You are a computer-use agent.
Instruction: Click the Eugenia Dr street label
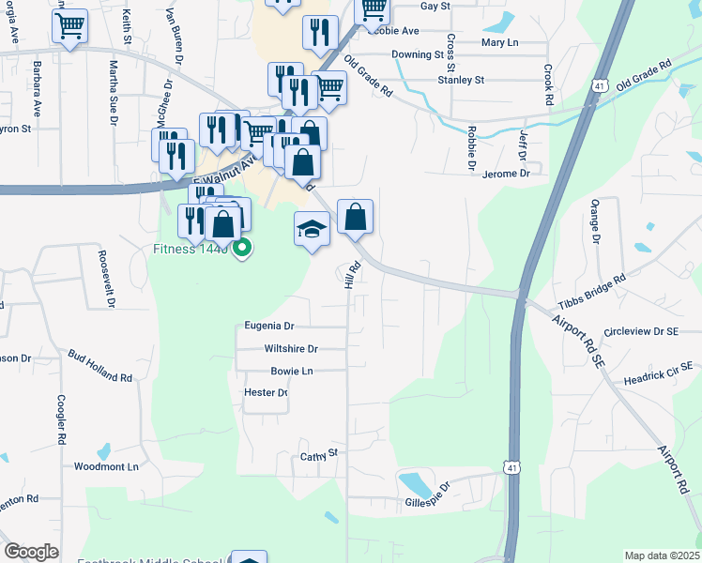(x=269, y=326)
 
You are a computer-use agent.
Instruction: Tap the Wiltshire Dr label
(x=292, y=349)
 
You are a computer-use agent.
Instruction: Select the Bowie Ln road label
(x=291, y=372)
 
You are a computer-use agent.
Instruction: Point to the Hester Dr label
(x=265, y=392)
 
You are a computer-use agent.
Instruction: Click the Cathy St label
(x=318, y=456)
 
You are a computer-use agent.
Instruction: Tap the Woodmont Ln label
(x=106, y=466)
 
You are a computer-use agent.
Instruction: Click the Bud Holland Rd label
(x=99, y=365)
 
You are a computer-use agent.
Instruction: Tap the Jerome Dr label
(x=506, y=174)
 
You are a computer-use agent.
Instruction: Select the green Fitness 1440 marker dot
(x=242, y=249)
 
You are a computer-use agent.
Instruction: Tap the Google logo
(x=31, y=552)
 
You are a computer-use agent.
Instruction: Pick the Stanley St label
(x=461, y=81)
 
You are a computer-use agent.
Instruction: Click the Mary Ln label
(x=499, y=43)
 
